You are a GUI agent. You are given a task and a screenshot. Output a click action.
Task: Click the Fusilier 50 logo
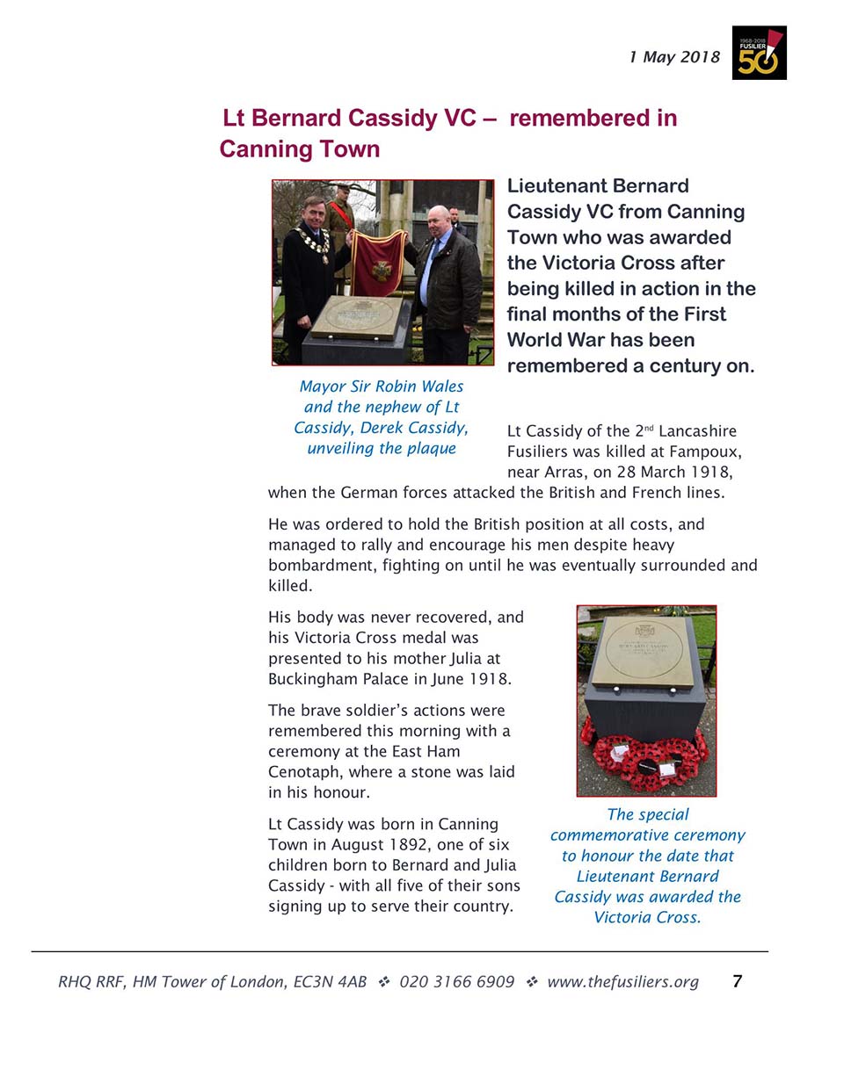pyautogui.click(x=759, y=54)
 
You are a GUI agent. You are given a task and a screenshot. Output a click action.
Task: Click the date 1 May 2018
pyautogui.click(x=674, y=57)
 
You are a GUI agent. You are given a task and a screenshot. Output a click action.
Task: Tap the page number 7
pyautogui.click(x=737, y=981)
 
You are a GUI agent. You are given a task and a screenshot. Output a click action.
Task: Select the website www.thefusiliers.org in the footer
pyautogui.click(x=622, y=982)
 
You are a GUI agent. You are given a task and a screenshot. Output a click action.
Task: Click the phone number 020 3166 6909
pyautogui.click(x=456, y=982)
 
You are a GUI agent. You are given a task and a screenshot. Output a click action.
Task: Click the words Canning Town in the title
pyautogui.click(x=300, y=149)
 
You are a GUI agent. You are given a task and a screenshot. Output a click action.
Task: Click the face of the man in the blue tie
pyautogui.click(x=436, y=220)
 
